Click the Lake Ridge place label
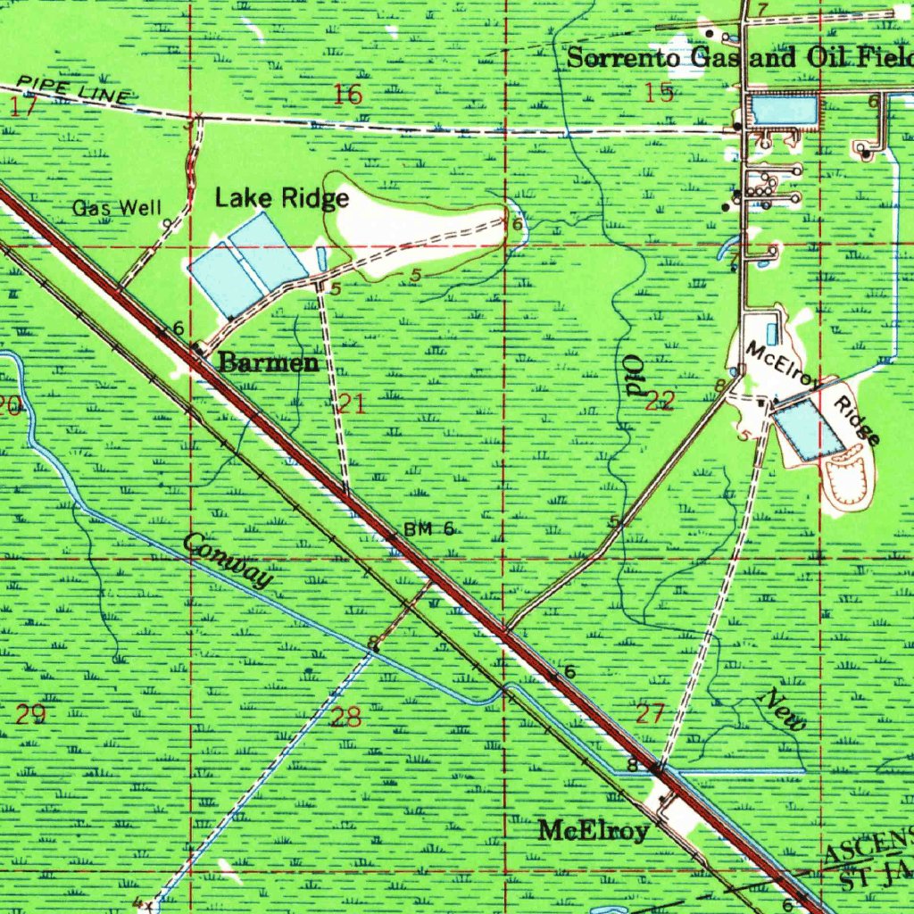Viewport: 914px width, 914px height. (281, 197)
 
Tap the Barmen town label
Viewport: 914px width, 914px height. (269, 362)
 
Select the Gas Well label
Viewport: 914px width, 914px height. (117, 209)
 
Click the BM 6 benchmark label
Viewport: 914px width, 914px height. (429, 529)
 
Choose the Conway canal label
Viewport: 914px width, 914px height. (228, 560)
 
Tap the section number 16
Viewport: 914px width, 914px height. (347, 94)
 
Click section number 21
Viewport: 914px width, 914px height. (352, 404)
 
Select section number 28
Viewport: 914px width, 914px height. (346, 717)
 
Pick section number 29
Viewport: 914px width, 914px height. (30, 714)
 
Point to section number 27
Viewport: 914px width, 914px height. (651, 713)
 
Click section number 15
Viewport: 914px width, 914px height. (661, 92)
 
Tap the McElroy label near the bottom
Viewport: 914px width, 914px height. (594, 831)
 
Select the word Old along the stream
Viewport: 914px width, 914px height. (633, 375)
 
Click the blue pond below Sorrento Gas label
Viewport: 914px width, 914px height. (784, 110)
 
